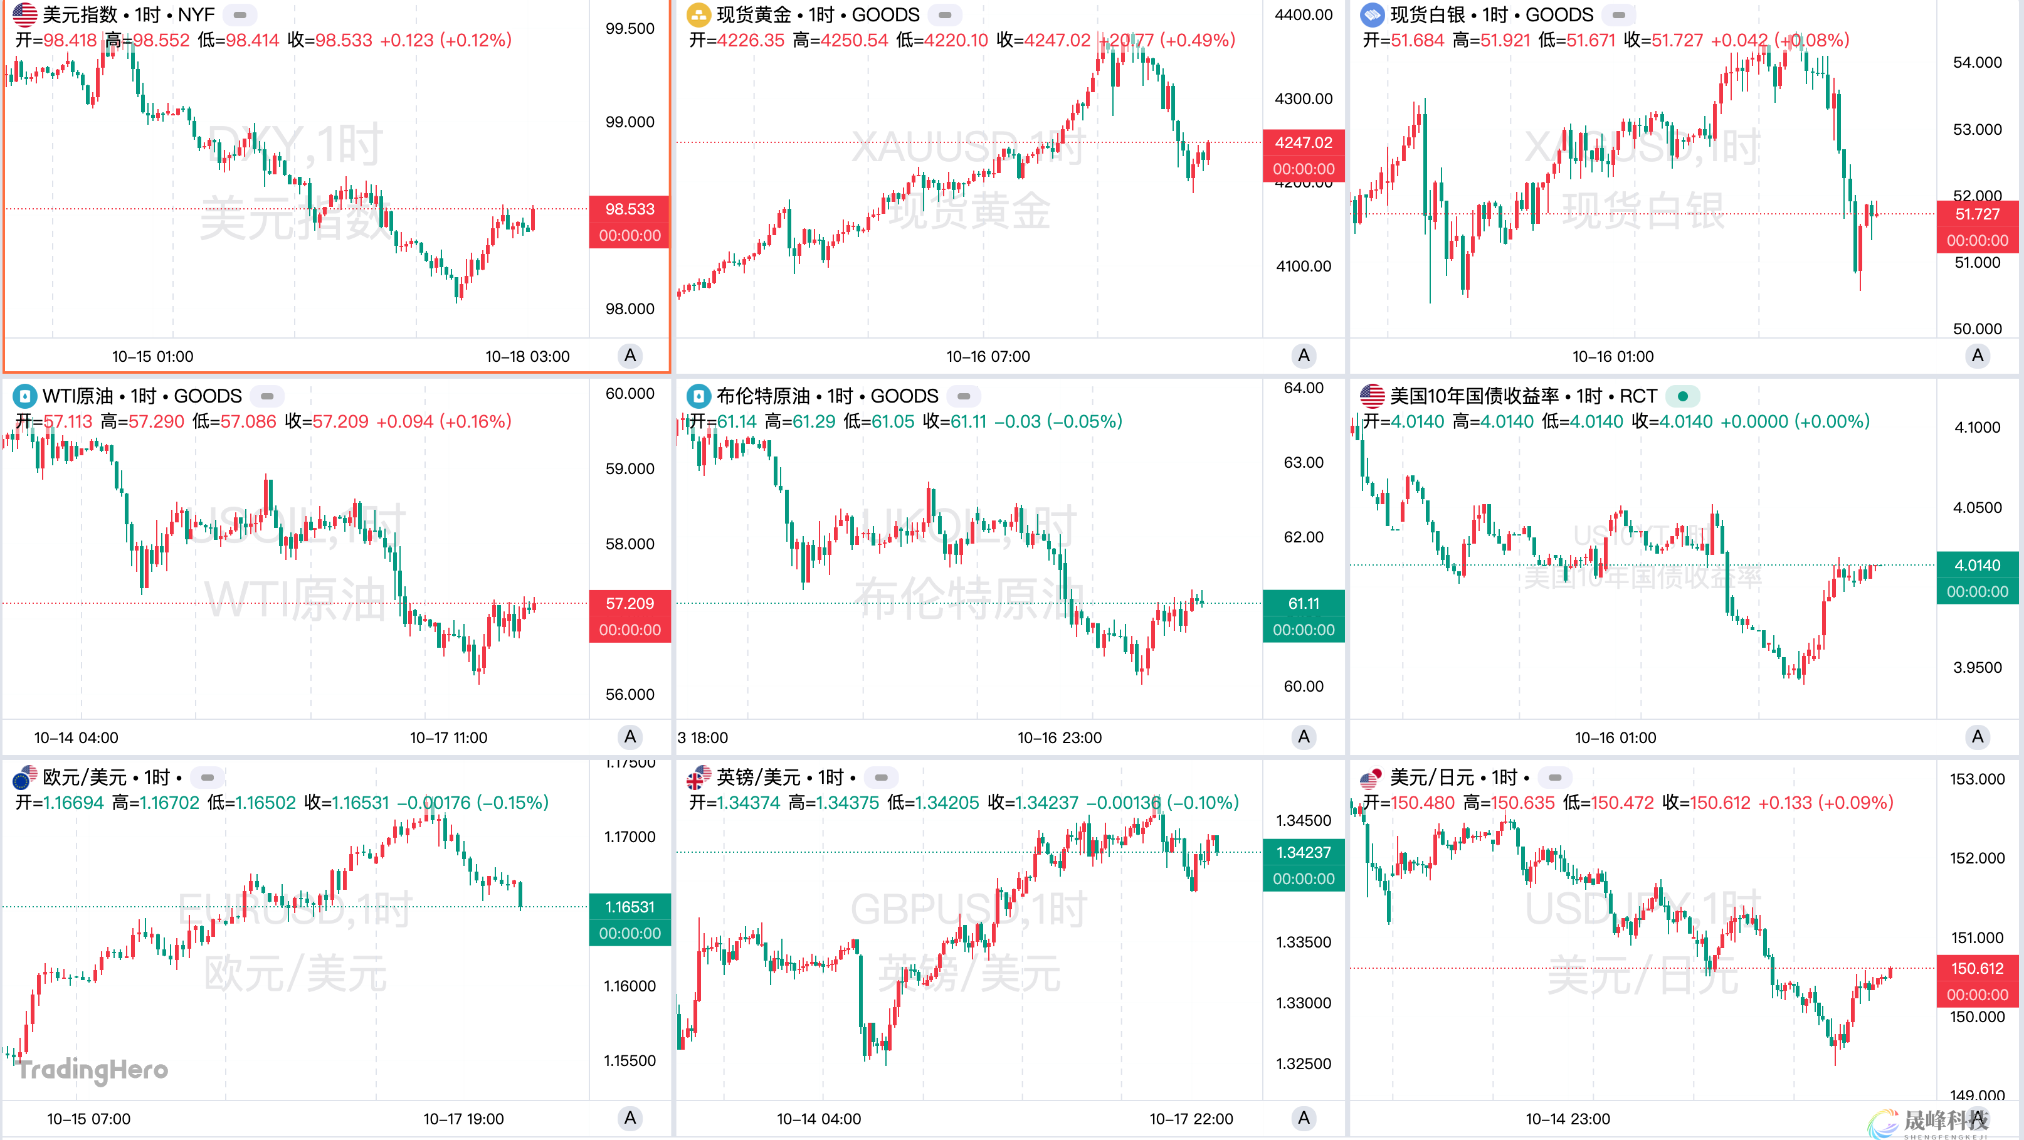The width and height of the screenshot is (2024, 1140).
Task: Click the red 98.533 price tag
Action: pos(630,209)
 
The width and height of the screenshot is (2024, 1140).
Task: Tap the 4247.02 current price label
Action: pos(1303,142)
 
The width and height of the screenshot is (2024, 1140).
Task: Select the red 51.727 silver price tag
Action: pos(1977,214)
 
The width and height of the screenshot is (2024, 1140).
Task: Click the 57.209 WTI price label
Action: pos(630,603)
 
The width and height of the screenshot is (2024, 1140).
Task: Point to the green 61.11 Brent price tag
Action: pos(1303,603)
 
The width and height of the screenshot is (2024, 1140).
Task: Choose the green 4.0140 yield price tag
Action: pos(1977,565)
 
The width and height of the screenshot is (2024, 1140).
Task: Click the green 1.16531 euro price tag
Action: pos(630,907)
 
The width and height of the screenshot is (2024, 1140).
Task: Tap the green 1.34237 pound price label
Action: pos(1303,852)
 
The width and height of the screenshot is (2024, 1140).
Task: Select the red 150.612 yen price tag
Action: pos(1977,969)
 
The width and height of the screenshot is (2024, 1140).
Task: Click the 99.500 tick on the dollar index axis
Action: pos(630,29)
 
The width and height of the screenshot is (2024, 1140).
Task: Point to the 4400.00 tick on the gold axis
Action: pos(1303,15)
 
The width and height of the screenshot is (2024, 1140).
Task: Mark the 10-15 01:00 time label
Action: pos(152,357)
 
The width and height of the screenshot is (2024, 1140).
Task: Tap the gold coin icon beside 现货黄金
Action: pos(698,15)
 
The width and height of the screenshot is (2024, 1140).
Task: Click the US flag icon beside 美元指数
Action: pos(24,15)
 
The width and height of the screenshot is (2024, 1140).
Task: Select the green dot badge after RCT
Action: pos(1682,396)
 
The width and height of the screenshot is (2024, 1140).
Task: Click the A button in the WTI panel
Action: pos(630,737)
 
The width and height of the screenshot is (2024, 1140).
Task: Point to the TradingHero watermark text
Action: pos(93,1069)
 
